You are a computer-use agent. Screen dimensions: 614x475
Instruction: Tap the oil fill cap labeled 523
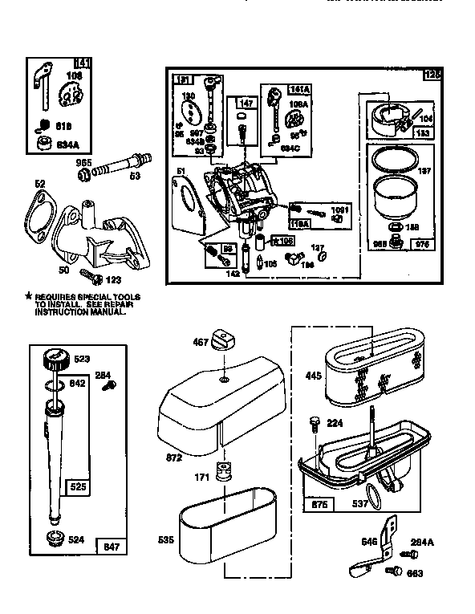point(55,358)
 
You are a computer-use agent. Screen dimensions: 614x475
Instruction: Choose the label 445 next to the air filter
point(312,374)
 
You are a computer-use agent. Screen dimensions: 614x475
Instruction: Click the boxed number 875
point(319,506)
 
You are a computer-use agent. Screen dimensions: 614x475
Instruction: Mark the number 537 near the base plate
point(359,505)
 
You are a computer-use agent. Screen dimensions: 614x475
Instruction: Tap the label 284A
point(423,543)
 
